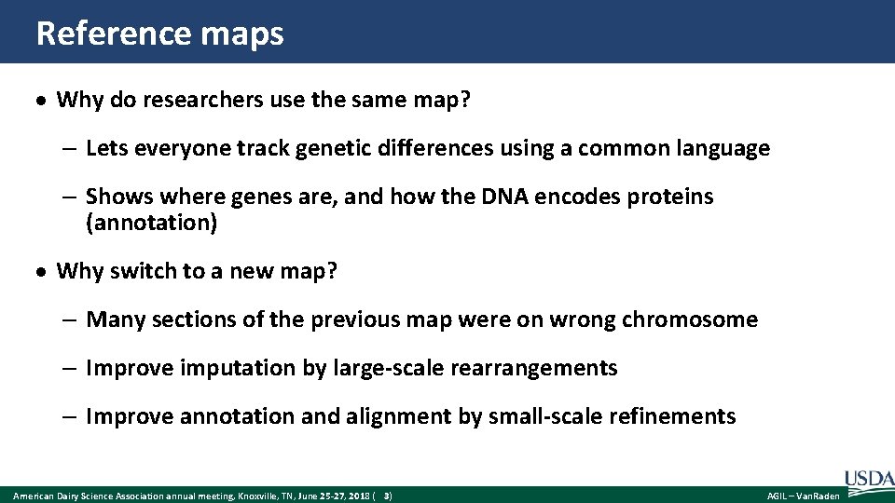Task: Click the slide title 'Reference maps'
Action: (159, 34)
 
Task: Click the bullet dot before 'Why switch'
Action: (43, 272)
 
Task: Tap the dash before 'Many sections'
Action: (71, 320)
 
